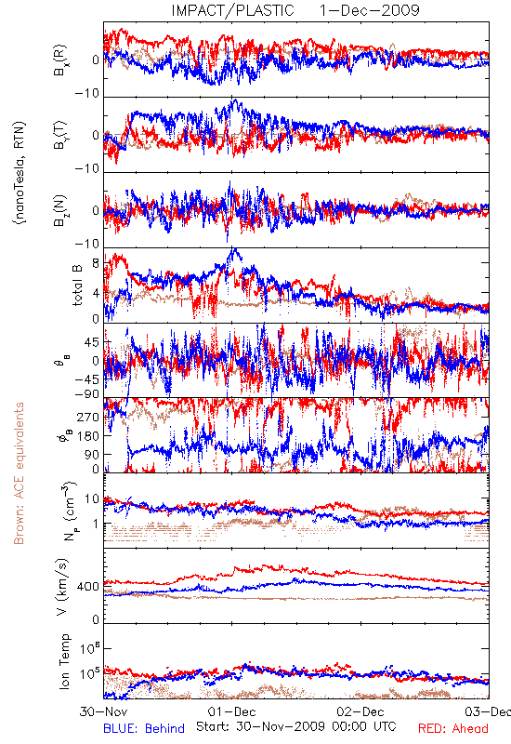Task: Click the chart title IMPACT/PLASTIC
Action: tap(233, 10)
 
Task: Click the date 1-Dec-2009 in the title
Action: tap(369, 10)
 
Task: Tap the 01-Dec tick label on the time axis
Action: tap(231, 711)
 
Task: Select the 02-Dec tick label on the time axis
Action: tap(360, 711)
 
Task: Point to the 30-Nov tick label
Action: tap(103, 711)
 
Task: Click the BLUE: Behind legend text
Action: tap(144, 728)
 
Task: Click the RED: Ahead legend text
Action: tap(453, 728)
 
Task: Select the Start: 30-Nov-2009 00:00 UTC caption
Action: tap(295, 726)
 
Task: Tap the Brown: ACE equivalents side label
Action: tap(19, 473)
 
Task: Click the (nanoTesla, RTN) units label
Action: tap(20, 173)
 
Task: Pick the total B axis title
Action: tap(77, 285)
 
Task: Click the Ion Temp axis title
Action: tap(64, 661)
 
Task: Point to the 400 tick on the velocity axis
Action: tap(88, 587)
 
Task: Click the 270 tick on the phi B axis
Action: tap(88, 417)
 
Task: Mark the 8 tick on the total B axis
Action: tap(96, 262)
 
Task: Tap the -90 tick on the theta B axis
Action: tap(86, 393)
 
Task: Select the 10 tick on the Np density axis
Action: tap(92, 498)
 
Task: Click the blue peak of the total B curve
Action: tap(234, 248)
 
